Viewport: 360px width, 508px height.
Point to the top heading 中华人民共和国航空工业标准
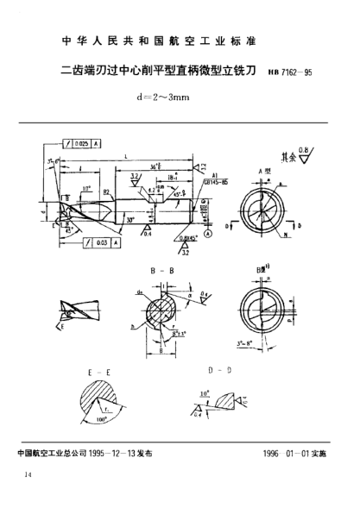180,41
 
